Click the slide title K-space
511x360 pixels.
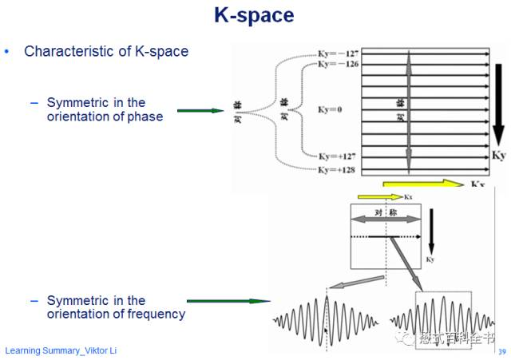254,15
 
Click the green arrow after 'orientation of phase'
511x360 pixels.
200,110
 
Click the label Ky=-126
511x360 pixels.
338,64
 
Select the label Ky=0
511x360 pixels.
329,109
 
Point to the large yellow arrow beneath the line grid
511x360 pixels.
423,184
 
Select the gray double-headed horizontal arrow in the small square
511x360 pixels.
386,219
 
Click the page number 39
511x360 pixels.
501,352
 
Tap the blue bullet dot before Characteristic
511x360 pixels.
8,52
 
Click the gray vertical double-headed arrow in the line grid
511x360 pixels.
409,111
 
